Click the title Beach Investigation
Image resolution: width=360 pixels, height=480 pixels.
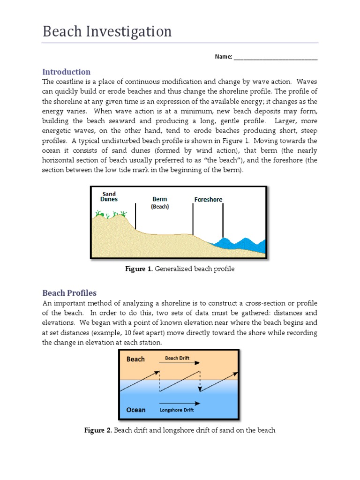(x=107, y=32)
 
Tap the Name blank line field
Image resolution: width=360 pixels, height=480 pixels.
(x=275, y=57)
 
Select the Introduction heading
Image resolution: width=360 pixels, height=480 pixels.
(x=66, y=72)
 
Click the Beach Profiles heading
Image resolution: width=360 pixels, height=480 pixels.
(x=69, y=293)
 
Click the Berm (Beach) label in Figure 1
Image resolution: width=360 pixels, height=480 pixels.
(x=160, y=202)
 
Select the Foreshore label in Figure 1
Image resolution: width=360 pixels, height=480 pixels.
(x=208, y=199)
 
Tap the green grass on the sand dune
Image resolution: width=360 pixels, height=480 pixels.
(x=111, y=215)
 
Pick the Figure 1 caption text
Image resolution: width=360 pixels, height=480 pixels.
(x=180, y=269)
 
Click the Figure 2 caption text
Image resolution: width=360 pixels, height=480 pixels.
(x=180, y=430)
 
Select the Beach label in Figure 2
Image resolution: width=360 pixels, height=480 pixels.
(x=135, y=360)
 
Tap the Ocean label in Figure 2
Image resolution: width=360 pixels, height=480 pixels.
(x=136, y=410)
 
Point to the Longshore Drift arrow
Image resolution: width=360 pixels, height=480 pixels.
(x=180, y=403)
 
